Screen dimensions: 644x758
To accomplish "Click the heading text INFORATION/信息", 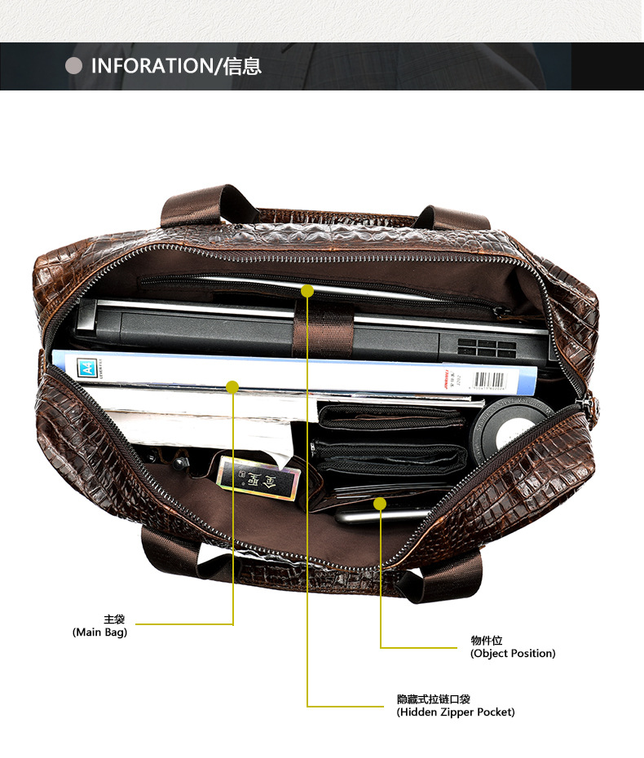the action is (x=176, y=66).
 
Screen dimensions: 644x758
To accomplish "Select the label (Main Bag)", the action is (x=100, y=632).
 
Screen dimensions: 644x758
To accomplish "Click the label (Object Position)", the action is (x=513, y=653).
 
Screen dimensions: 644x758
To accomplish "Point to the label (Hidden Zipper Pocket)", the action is (x=456, y=712).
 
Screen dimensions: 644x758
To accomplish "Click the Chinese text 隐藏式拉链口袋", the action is (x=433, y=699).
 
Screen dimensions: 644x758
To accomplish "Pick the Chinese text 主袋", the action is (x=113, y=619).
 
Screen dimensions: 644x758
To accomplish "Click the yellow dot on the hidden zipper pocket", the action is (x=307, y=290).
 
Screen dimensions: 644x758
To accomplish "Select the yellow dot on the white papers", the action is (x=232, y=387).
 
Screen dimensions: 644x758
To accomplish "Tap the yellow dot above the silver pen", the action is (x=380, y=504).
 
